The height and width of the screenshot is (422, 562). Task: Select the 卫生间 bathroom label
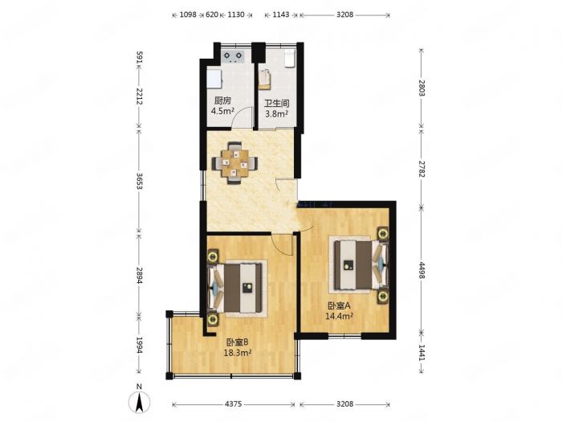(277, 104)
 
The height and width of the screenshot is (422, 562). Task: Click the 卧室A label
(339, 306)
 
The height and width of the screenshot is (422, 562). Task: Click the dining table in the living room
(234, 163)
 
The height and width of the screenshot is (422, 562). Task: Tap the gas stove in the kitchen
(233, 56)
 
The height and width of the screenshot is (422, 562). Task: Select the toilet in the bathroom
(289, 59)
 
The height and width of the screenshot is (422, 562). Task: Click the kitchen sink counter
(214, 79)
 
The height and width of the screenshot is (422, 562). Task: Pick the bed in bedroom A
(361, 264)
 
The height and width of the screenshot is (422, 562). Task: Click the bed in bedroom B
(234, 288)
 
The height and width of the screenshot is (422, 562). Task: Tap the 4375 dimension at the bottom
(234, 404)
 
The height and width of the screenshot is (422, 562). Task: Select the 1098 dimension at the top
(188, 14)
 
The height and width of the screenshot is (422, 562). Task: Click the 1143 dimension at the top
(281, 14)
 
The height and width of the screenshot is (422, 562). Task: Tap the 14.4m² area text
(340, 316)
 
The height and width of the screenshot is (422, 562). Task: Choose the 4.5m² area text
(222, 111)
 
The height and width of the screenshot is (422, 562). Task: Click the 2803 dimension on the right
(421, 88)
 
